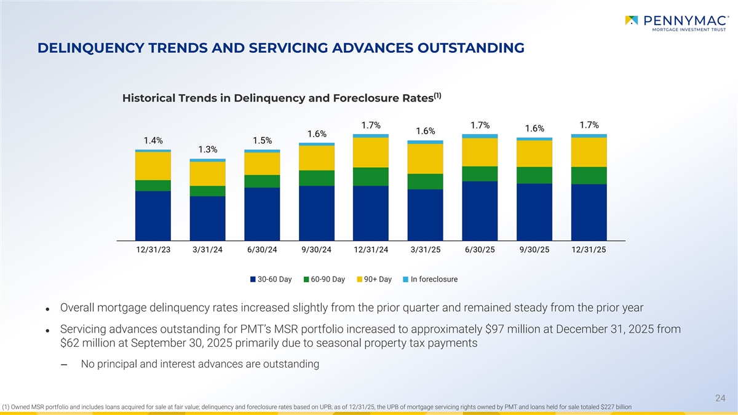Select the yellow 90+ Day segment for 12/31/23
tap(153, 165)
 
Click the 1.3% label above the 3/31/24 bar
tap(208, 149)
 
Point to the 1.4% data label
tap(153, 140)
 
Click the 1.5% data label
tap(262, 140)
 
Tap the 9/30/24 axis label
tap(317, 250)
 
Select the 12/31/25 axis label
tap(589, 250)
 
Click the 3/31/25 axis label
tap(425, 250)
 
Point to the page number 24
tap(721, 398)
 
